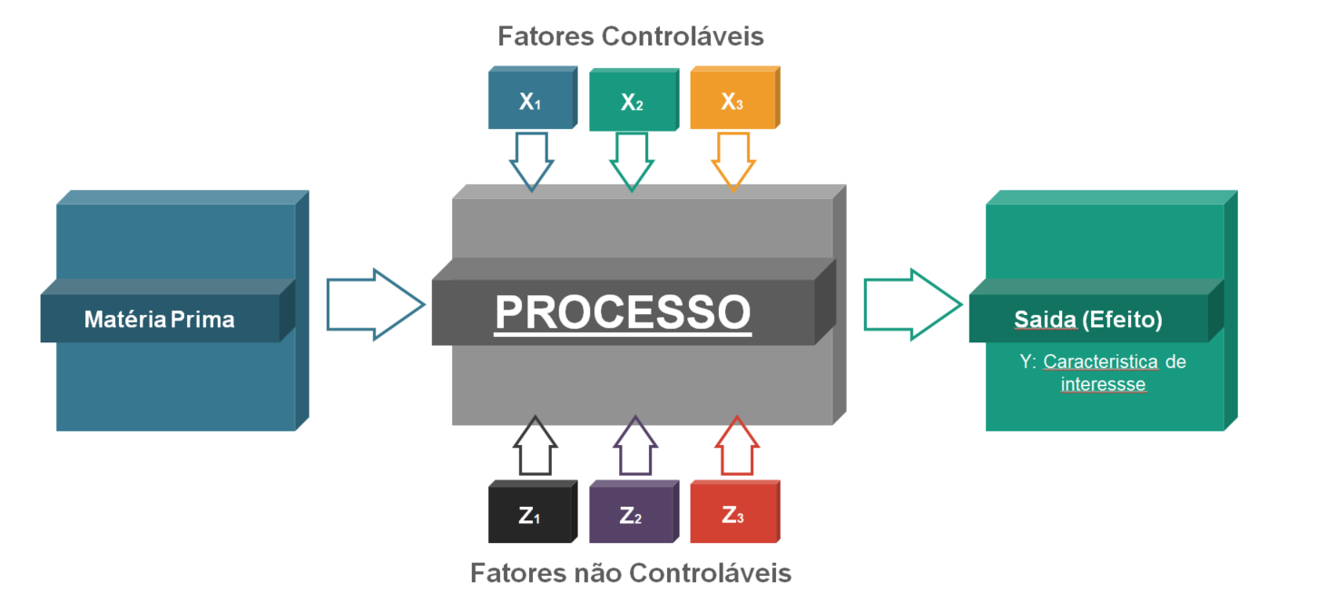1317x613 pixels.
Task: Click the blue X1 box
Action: point(531,101)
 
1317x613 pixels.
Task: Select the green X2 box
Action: point(632,103)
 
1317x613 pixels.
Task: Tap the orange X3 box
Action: point(732,101)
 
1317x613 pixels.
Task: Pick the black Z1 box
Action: point(530,515)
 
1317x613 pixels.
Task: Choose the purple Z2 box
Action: point(632,515)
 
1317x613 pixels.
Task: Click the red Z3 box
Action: point(732,515)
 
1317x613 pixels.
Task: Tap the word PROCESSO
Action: point(623,312)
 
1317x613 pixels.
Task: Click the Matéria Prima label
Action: point(159,320)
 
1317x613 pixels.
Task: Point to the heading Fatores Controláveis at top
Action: point(630,36)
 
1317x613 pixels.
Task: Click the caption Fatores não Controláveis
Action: point(630,573)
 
